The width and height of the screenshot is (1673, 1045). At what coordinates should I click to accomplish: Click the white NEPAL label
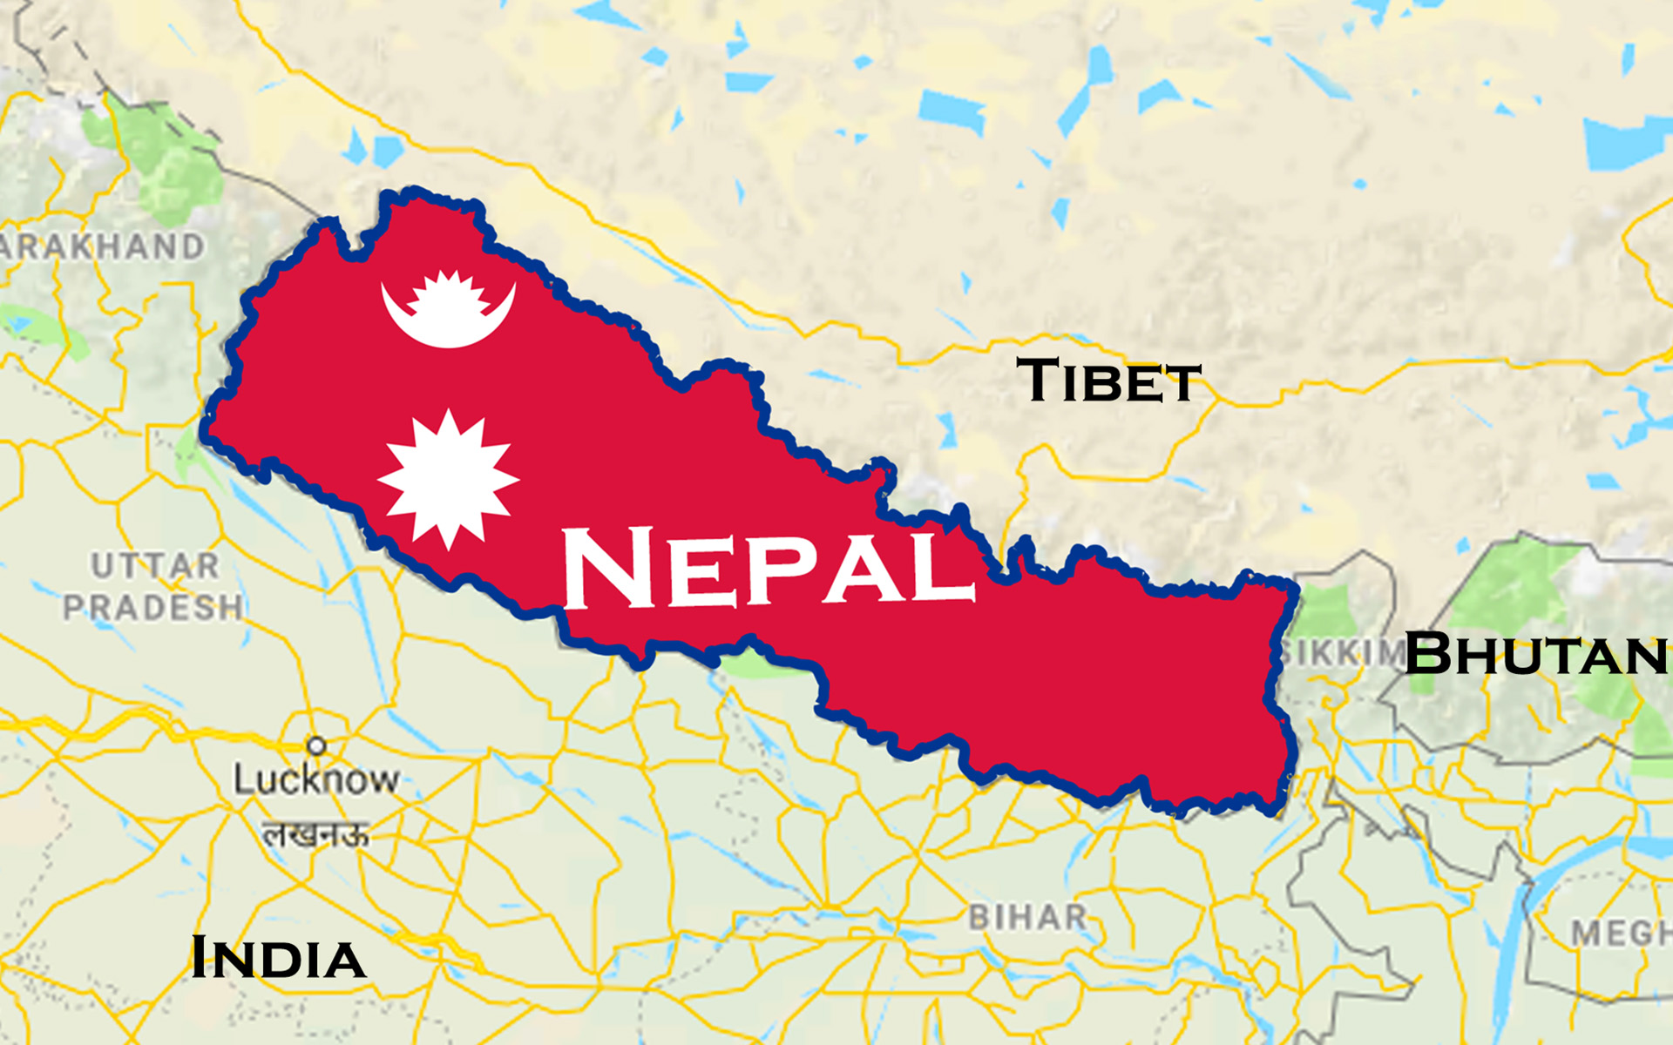point(767,568)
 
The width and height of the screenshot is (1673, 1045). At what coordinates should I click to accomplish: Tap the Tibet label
point(1108,381)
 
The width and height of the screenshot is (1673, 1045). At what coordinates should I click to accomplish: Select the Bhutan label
point(1535,653)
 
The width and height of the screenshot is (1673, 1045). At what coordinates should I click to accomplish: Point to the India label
point(277,958)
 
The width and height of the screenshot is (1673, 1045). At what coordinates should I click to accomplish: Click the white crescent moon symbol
point(448,312)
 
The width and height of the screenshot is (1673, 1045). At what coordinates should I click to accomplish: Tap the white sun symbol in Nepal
point(448,479)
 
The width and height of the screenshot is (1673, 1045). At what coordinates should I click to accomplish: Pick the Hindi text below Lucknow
point(315,835)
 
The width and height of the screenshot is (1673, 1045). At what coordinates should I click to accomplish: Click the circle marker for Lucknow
point(316,745)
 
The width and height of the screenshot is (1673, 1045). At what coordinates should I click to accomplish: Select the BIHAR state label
point(1028,917)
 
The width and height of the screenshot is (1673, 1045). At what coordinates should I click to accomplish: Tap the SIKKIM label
point(1342,653)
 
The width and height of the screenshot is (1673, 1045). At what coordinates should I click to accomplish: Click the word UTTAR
point(155,566)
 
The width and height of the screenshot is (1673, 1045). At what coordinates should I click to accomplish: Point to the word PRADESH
point(153,607)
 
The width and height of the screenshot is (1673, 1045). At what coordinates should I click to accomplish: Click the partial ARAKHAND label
point(103,247)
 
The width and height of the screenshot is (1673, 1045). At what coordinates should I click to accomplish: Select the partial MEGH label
point(1621,934)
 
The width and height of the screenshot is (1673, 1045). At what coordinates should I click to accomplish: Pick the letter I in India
point(200,958)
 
